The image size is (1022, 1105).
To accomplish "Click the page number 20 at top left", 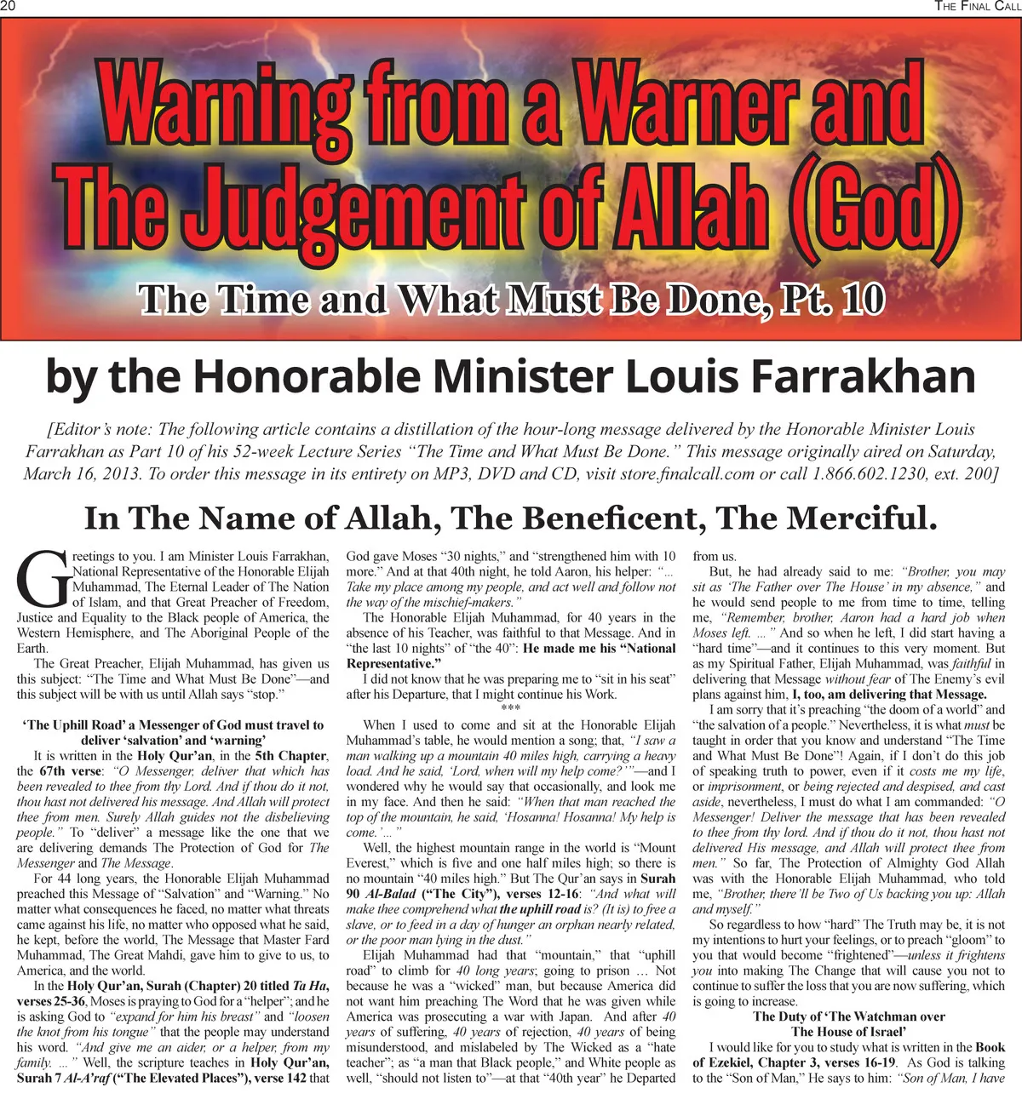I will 9,7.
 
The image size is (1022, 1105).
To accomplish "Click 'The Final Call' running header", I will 977,7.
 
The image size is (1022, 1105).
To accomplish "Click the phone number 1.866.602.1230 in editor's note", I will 864,473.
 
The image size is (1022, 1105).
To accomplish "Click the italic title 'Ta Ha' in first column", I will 307,986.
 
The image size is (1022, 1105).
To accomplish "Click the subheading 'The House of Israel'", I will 848,1032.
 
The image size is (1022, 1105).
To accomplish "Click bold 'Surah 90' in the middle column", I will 657,879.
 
